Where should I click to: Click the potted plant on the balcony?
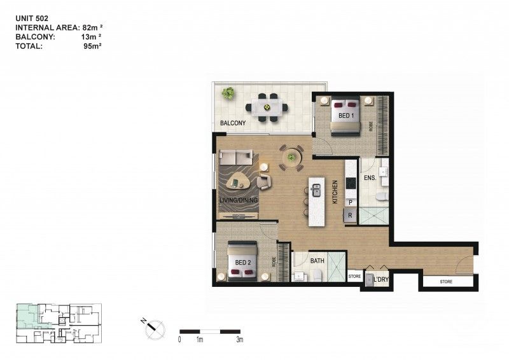[228, 94]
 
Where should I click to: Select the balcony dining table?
[268, 106]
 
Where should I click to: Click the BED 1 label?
[346, 116]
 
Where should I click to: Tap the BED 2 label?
[243, 262]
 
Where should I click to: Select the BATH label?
[317, 261]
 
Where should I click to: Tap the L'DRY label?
[380, 280]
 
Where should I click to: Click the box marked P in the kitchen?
[350, 202]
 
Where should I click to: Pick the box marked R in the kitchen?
[350, 216]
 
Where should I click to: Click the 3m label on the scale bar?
[240, 340]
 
